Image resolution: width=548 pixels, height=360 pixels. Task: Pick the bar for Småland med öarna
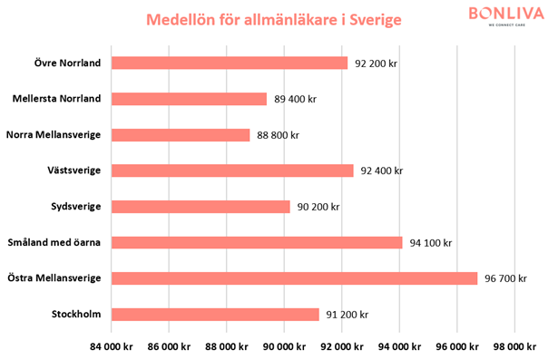pyautogui.click(x=257, y=242)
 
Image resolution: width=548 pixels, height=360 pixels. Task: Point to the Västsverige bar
pyautogui.click(x=232, y=170)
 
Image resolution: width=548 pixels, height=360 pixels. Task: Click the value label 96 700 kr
pyautogui.click(x=505, y=278)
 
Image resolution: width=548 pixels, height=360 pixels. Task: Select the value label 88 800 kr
pyautogui.click(x=278, y=135)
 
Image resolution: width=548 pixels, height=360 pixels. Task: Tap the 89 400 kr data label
pyautogui.click(x=295, y=99)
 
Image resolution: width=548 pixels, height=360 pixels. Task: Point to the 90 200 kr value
pyautogui.click(x=318, y=207)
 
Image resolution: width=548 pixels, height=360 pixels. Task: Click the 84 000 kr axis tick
pyautogui.click(x=112, y=345)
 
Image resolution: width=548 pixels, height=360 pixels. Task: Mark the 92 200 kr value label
pyautogui.click(x=377, y=63)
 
